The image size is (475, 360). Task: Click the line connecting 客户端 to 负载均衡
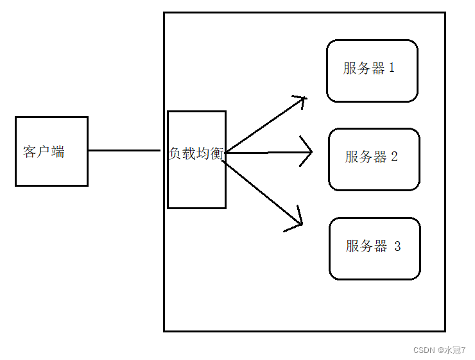124,151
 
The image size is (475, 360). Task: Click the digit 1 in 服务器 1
392,68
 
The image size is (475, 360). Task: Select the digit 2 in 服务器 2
394,157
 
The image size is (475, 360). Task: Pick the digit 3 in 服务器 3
397,246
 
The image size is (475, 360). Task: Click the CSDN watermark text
424,350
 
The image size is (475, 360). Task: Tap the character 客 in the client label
30,152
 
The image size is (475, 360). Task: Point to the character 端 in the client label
58,152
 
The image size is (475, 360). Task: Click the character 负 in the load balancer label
176,155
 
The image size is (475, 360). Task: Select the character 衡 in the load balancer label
218,155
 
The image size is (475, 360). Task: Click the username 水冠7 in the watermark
455,350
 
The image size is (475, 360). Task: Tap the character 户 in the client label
44,152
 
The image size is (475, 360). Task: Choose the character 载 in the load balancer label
190,155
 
